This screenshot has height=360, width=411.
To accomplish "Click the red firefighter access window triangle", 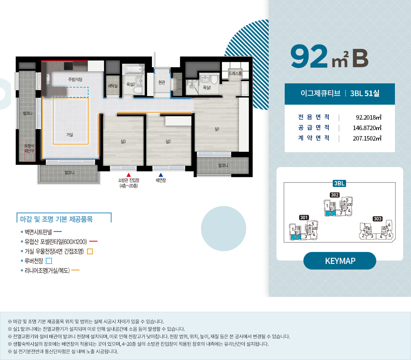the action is (129, 175).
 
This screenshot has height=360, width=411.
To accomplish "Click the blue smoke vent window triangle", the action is (161, 175).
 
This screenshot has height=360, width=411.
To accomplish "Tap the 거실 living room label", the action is (70, 135).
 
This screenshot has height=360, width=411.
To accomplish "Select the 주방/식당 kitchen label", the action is (75, 79).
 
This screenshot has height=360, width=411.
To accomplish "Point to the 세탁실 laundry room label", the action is (113, 86).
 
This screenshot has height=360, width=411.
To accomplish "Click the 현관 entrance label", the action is (162, 82).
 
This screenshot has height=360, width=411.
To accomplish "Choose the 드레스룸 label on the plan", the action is (235, 73).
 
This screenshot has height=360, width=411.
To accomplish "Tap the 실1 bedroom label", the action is (217, 129).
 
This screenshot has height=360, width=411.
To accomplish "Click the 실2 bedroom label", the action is (168, 142).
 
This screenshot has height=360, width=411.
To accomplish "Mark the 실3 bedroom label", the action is (123, 142).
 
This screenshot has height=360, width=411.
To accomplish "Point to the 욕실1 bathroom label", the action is (207, 87).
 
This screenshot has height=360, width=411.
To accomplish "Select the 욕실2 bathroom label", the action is (131, 84).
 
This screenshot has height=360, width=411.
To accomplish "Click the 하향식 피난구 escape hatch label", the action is (30, 148).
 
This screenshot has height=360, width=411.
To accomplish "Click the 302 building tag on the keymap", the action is (335, 195).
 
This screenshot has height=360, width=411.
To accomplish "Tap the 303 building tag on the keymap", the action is (377, 219).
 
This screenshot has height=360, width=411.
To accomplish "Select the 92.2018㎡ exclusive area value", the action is (368, 117).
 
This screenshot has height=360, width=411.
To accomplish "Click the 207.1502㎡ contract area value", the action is (367, 138).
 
